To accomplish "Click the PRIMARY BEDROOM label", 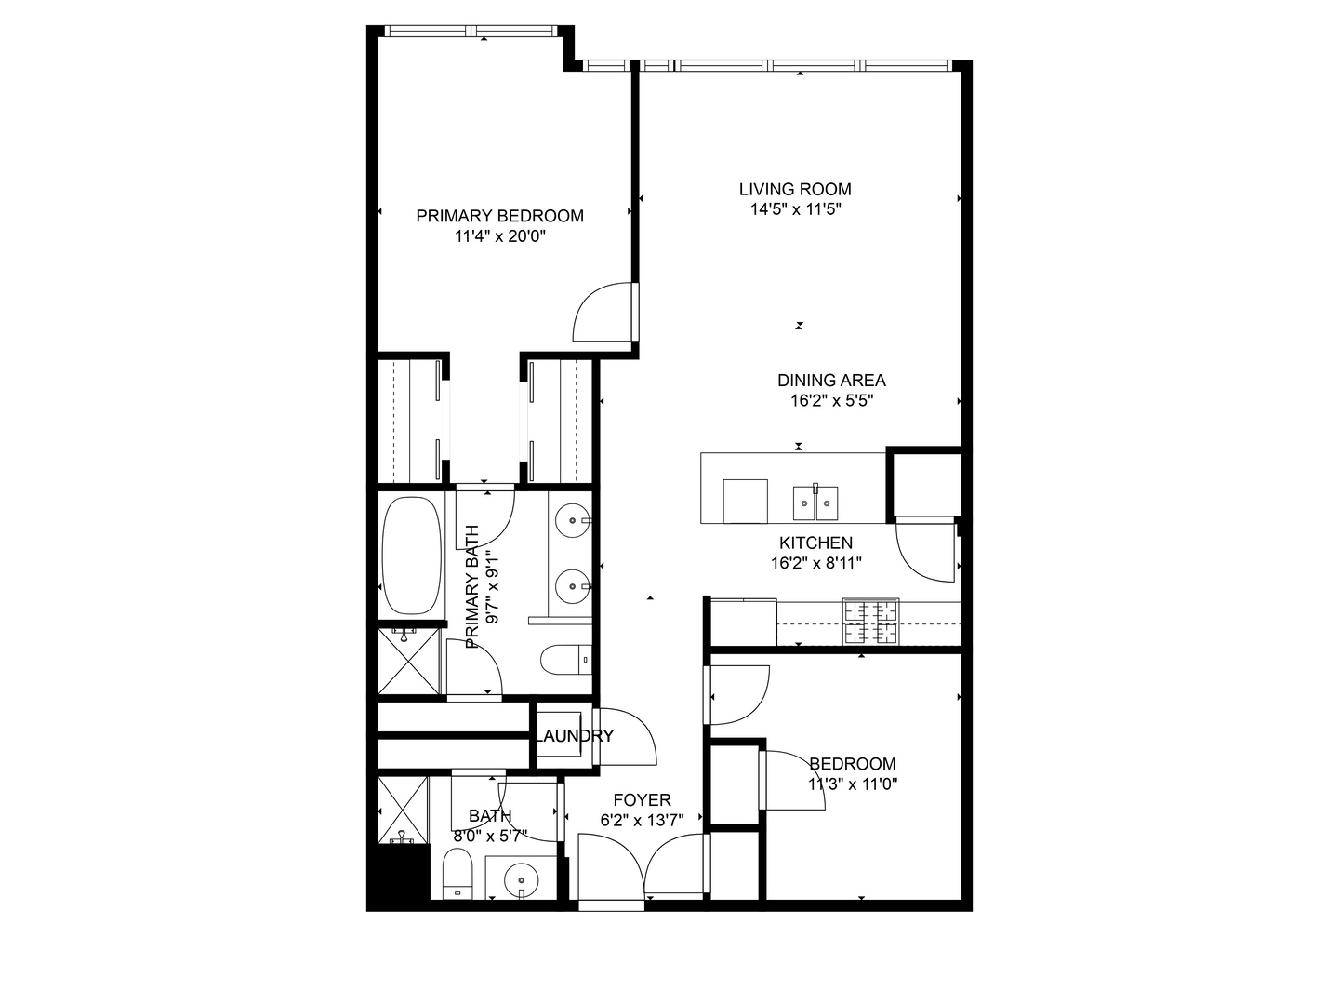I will pos(499,216).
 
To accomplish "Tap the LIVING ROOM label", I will pos(795,189).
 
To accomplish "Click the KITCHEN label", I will pos(815,543).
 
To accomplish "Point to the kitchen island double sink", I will pos(815,502).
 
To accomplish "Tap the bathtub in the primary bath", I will pos(411,556).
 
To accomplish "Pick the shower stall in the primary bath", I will pos(409,662).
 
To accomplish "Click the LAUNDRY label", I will pos(575,736).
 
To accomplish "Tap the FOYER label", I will pos(642,800).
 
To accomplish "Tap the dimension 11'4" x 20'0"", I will pos(499,236).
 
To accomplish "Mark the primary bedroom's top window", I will pos(473,32).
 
